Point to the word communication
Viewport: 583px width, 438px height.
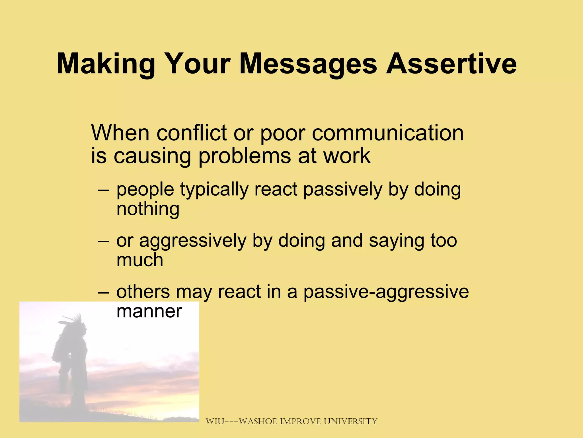(x=388, y=133)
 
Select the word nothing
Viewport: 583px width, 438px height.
(x=148, y=209)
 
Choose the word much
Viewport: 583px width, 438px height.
(x=140, y=260)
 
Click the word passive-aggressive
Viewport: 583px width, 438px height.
(x=386, y=292)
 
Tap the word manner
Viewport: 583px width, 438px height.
(x=149, y=311)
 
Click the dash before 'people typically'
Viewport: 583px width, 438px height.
(x=103, y=190)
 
